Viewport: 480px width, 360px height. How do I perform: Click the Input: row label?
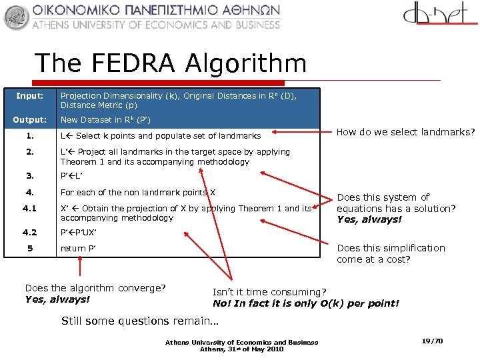tap(29, 96)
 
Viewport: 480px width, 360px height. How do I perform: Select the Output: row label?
tap(31, 120)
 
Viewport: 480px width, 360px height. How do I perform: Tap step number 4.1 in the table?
tap(29, 208)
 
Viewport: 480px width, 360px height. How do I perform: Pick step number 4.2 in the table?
tap(29, 233)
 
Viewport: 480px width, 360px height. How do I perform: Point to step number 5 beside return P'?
tap(29, 249)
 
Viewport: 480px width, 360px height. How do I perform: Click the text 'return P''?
tap(78, 249)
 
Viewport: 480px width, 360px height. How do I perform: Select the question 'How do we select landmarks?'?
tap(405, 132)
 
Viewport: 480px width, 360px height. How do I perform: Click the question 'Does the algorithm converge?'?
tap(95, 288)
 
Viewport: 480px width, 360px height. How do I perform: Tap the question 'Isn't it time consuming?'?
tap(269, 292)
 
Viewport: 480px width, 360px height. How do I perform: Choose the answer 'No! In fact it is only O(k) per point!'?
tap(305, 303)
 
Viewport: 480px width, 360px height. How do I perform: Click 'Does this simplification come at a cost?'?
tap(391, 253)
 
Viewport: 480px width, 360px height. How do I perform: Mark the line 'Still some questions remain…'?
tap(140, 321)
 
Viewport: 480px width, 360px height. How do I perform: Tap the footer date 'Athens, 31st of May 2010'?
tap(241, 349)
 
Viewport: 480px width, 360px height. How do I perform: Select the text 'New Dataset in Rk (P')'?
tap(105, 120)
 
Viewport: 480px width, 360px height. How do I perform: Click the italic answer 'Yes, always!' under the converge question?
tap(57, 299)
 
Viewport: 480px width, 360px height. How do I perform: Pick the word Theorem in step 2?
tap(80, 161)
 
